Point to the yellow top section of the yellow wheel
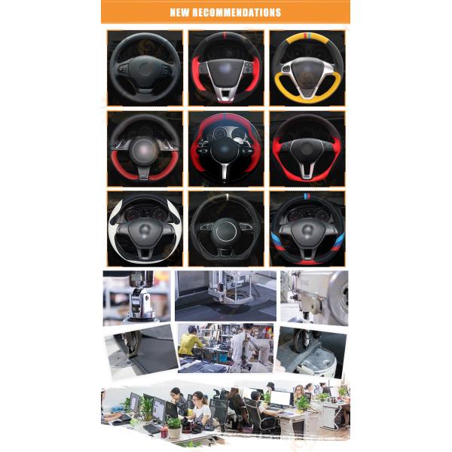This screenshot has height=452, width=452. point(307,37)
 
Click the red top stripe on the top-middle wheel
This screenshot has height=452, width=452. point(226,35)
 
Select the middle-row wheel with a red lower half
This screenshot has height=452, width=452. point(144,148)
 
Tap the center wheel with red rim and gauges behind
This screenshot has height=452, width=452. point(226,148)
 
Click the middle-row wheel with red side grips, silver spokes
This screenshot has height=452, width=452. point(307,148)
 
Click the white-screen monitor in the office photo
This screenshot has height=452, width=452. point(281,399)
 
